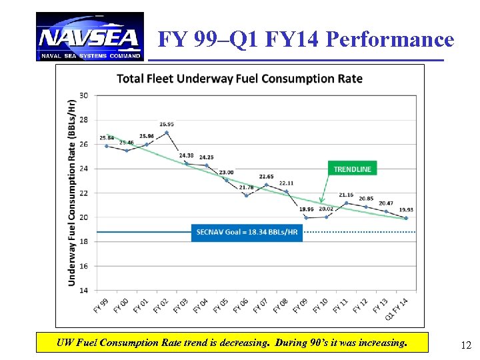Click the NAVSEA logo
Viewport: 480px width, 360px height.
click(x=89, y=37)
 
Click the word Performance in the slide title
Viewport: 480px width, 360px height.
click(x=389, y=39)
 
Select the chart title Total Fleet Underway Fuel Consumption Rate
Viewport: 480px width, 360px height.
click(x=239, y=79)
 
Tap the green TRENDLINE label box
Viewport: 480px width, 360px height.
click(x=352, y=169)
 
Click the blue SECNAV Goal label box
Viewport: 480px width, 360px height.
click(x=247, y=232)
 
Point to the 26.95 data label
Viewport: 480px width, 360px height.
click(x=167, y=124)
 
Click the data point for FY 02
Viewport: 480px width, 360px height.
click(x=167, y=133)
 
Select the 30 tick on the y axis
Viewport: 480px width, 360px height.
click(x=83, y=95)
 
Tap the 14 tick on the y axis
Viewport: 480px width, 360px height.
click(x=83, y=290)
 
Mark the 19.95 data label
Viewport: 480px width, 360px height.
click(x=306, y=209)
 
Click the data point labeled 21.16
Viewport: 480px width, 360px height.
click(x=346, y=203)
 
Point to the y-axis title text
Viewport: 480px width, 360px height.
click(x=71, y=193)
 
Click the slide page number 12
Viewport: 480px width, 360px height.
click(x=466, y=345)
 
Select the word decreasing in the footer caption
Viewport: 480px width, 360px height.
click(x=239, y=343)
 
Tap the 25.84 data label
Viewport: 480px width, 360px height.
click(x=107, y=138)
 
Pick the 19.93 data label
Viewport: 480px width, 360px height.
click(x=405, y=210)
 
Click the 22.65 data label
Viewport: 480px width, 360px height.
click(x=266, y=177)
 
